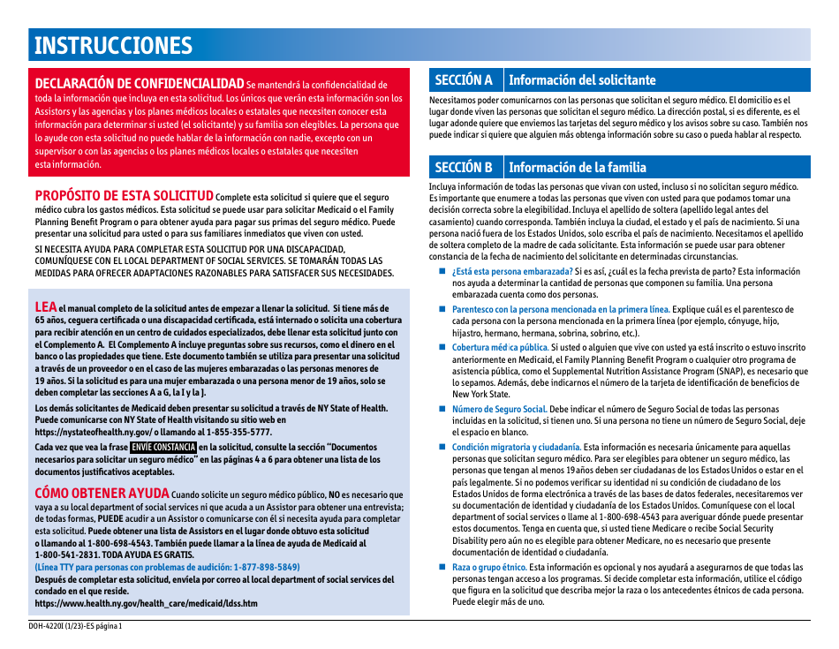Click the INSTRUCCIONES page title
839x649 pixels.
tap(113, 46)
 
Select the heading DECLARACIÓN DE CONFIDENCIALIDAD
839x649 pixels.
tap(140, 83)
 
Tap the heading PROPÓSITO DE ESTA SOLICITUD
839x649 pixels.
tap(124, 195)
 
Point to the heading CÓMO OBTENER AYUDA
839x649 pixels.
tap(102, 493)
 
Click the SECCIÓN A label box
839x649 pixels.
tap(465, 80)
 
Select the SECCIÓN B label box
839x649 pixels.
tap(465, 167)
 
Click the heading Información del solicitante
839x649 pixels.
tap(583, 80)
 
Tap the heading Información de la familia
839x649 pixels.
tap(578, 167)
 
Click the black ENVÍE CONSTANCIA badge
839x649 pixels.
tap(163, 448)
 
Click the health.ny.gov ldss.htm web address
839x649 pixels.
tap(147, 603)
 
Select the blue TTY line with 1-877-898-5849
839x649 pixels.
tap(168, 567)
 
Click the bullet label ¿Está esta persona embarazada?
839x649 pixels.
tap(512, 271)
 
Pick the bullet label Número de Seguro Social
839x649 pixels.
tap(500, 410)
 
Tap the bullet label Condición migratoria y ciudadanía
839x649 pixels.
tap(517, 448)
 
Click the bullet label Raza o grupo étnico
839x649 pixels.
tap(489, 567)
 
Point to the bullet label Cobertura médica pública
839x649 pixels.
tap(500, 348)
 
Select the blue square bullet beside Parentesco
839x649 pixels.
tap(443, 309)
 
